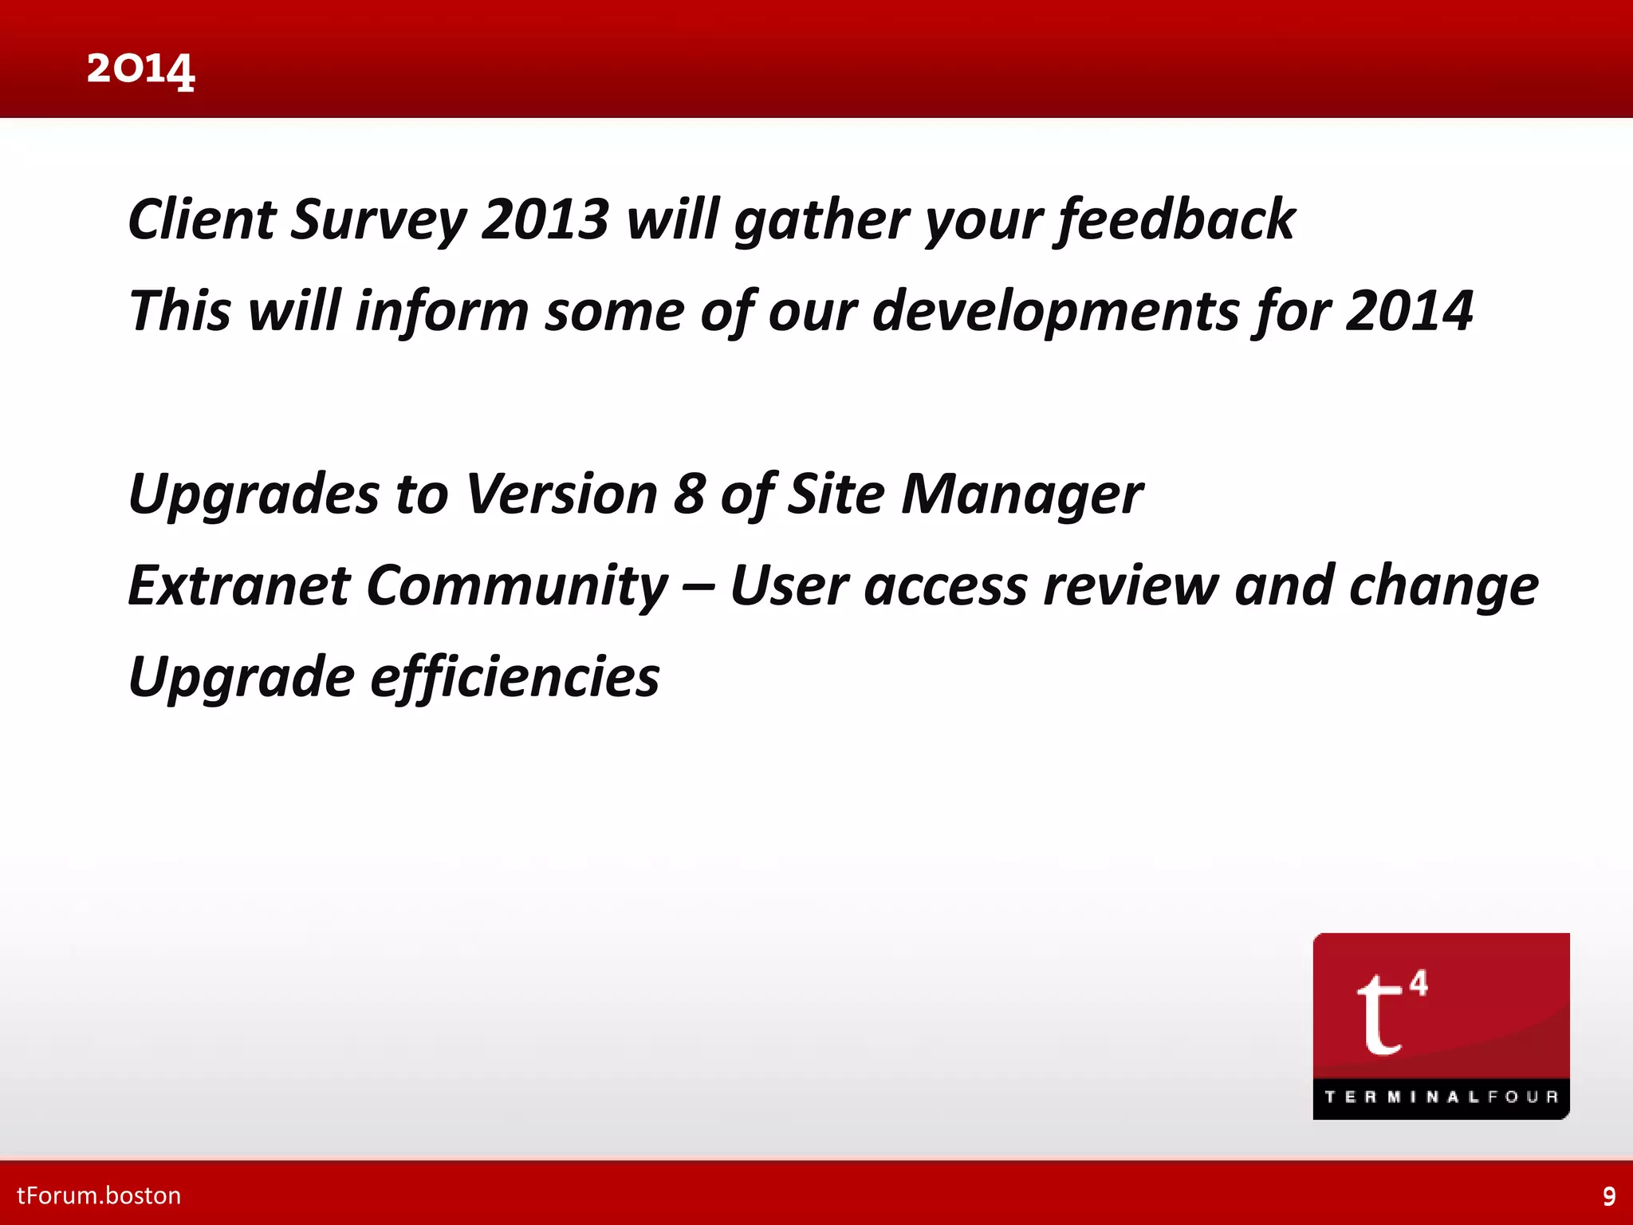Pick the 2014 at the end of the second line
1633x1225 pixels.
tap(1409, 311)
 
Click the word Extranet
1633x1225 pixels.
tap(239, 585)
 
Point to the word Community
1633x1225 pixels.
tap(517, 587)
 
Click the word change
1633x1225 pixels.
tap(1443, 587)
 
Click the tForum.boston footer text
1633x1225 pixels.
tap(99, 1195)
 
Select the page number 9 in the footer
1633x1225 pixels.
tap(1609, 1196)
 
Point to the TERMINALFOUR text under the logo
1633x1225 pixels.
tap(1441, 1097)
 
